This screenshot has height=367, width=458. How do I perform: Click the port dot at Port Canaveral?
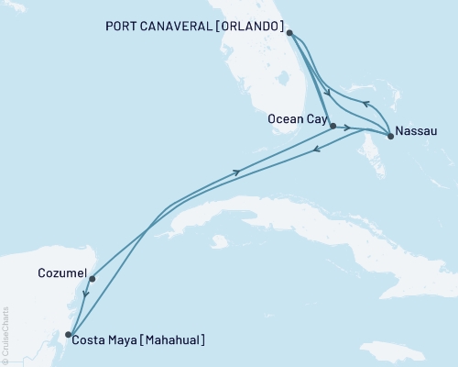289,33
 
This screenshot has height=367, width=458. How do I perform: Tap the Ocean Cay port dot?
333,126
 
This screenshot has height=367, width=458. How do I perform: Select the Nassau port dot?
391,137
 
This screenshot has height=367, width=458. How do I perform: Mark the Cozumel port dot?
93,279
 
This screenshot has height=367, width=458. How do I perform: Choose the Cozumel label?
63,273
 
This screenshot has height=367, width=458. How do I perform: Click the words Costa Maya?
107,340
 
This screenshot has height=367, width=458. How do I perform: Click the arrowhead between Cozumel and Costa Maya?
84,294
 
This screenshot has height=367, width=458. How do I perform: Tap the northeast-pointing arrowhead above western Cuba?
238,172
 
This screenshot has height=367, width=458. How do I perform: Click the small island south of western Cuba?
217,242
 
